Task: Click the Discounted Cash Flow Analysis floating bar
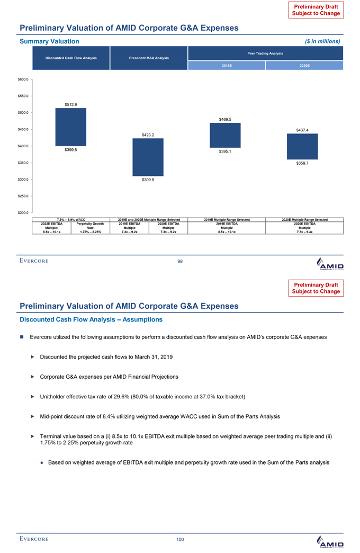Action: coord(70,127)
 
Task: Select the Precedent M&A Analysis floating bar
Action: coord(148,157)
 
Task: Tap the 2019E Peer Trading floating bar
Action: coord(225,135)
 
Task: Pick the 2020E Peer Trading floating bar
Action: coord(302,146)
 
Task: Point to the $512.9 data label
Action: coord(71,104)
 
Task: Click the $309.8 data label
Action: coord(148,180)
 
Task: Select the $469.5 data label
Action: coord(225,119)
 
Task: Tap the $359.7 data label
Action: coord(303,163)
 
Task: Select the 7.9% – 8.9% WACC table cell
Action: coord(71,219)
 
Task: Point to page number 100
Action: coord(180,539)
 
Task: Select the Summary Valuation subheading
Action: coord(49,41)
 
